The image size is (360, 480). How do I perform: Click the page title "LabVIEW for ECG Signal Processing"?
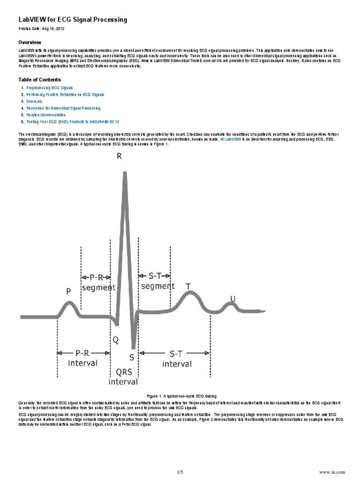click(x=72, y=20)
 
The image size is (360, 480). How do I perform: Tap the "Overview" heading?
click(x=30, y=42)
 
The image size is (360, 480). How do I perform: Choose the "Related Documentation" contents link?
click(x=46, y=114)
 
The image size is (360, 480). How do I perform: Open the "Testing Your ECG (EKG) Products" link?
click(x=69, y=121)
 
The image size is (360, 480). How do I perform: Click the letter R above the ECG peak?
click(x=120, y=157)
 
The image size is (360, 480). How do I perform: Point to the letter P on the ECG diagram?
click(x=68, y=292)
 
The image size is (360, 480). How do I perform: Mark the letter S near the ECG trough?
click(x=132, y=358)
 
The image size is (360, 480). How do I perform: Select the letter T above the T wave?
click(x=188, y=286)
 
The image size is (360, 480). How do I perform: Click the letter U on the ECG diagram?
click(x=232, y=299)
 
